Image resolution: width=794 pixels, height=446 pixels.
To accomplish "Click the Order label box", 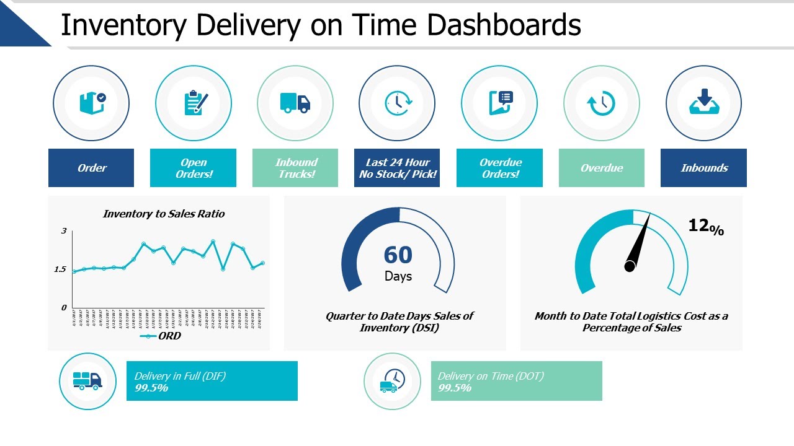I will [x=91, y=168].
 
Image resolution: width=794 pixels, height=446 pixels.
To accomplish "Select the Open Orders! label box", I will [x=193, y=168].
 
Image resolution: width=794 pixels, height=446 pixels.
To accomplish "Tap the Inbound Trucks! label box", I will [x=295, y=168].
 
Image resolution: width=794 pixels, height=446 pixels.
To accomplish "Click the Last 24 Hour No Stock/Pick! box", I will [x=397, y=168].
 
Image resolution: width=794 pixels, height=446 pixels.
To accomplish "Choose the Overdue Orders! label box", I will [x=499, y=168].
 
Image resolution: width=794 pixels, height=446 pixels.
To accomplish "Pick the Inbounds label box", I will [x=703, y=168].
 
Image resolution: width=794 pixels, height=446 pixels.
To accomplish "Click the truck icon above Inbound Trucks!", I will [x=295, y=103].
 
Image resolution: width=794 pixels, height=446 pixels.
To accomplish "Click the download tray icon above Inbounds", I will [x=703, y=102].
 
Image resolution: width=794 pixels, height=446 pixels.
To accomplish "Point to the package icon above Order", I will [x=92, y=103].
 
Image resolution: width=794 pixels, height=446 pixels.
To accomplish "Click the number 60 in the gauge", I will [x=398, y=255].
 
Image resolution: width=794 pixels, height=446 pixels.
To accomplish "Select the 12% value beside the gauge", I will [x=705, y=227].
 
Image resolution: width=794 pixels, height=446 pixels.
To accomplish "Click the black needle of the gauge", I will [x=639, y=242].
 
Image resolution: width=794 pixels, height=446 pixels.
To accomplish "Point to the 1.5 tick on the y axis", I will [x=60, y=269].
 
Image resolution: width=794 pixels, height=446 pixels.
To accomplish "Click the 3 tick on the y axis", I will [x=64, y=231].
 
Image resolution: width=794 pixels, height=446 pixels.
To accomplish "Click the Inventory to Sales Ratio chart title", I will [x=164, y=214].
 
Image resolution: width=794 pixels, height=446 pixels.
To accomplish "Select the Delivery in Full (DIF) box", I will [x=212, y=381].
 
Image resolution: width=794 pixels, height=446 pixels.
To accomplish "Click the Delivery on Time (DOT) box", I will [x=516, y=381].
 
